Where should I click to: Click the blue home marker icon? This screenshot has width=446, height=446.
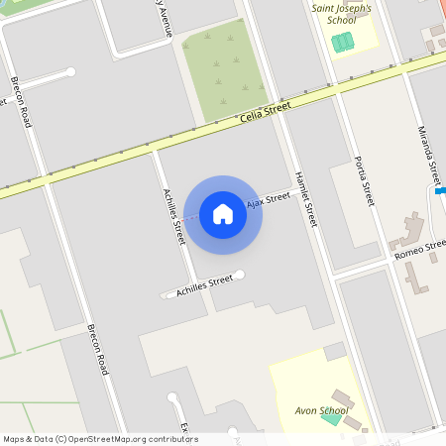pyautogui.click(x=223, y=214)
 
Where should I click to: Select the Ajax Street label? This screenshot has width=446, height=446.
pyautogui.click(x=268, y=199)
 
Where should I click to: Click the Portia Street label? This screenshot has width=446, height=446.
pyautogui.click(x=364, y=179)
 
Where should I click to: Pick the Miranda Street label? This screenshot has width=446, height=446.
pyautogui.click(x=428, y=155)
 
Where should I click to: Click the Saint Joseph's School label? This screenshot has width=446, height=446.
pyautogui.click(x=342, y=13)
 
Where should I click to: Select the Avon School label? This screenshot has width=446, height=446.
pyautogui.click(x=322, y=410)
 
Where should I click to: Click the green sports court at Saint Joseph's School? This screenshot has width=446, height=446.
pyautogui.click(x=342, y=43)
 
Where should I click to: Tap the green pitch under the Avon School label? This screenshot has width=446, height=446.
pyautogui.click(x=329, y=417)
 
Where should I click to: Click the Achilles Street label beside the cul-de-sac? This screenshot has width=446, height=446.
pyautogui.click(x=204, y=286)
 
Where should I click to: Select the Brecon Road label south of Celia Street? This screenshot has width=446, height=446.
pyautogui.click(x=97, y=349)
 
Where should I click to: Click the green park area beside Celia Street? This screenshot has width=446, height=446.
pyautogui.click(x=227, y=69)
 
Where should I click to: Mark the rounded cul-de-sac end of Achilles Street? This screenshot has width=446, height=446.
pyautogui.click(x=239, y=275)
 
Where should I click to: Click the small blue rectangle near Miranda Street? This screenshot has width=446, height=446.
pyautogui.click(x=440, y=190)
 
